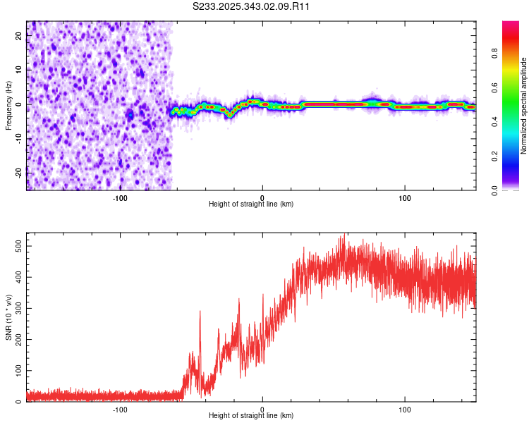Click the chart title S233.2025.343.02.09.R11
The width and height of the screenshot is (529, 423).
coord(252,6)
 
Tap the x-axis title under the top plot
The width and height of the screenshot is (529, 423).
coord(251,204)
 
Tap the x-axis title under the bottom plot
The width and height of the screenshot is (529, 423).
coord(251,415)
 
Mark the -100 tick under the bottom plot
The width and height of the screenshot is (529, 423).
coord(119,408)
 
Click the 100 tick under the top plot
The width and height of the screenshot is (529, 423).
coord(405,197)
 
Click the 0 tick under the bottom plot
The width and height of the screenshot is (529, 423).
coord(262,408)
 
